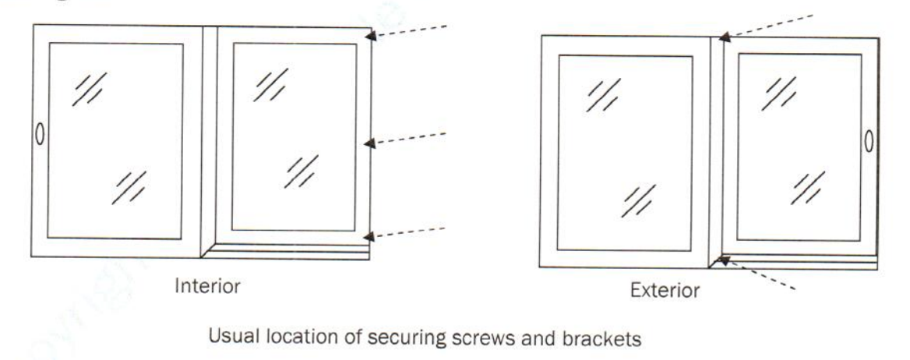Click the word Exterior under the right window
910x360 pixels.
coord(665,291)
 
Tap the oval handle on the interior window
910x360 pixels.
coord(38,133)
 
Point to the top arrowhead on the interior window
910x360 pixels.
coord(375,34)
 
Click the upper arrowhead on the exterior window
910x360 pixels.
coord(724,36)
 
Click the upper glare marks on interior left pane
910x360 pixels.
coord(90,88)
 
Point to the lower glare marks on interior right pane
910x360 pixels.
coord(301,171)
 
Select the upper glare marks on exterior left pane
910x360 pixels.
coord(604,94)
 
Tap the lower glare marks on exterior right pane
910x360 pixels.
coord(808,188)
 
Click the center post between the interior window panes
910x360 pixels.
coord(209,140)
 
